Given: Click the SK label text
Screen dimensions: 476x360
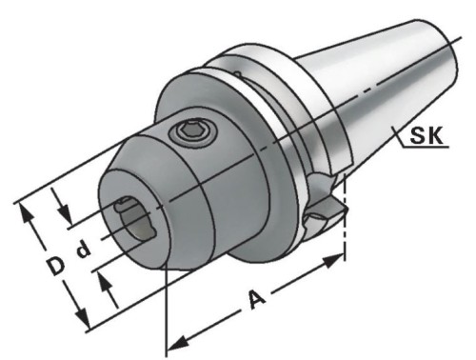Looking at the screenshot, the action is pyautogui.click(x=426, y=135).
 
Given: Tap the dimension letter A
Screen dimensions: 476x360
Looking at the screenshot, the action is pyautogui.click(x=257, y=299).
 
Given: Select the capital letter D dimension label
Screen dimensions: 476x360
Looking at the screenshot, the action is pyautogui.click(x=56, y=266).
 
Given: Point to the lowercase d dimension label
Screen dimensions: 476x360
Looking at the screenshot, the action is pyautogui.click(x=84, y=249).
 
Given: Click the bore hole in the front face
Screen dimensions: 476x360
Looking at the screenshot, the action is pyautogui.click(x=136, y=221).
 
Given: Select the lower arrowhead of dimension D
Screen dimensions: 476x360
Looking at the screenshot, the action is pyautogui.click(x=82, y=318).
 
